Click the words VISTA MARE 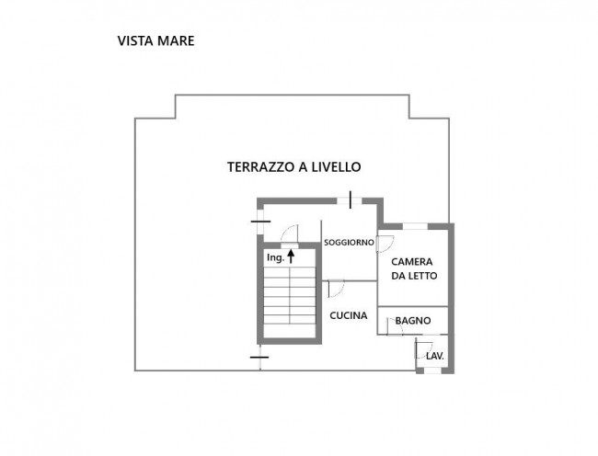(155, 41)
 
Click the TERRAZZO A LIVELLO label (293, 167)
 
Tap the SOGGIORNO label (348, 242)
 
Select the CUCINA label (349, 315)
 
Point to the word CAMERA (414, 261)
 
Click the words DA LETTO (414, 276)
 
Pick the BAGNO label (413, 320)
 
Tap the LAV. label (434, 354)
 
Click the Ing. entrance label (274, 258)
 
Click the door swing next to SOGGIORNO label (385, 244)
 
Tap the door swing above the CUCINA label (336, 289)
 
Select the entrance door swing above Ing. (288, 233)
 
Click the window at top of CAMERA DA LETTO (414, 225)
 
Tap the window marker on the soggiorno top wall (350, 198)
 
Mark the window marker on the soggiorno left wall (259, 222)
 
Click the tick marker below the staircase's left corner (259, 356)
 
